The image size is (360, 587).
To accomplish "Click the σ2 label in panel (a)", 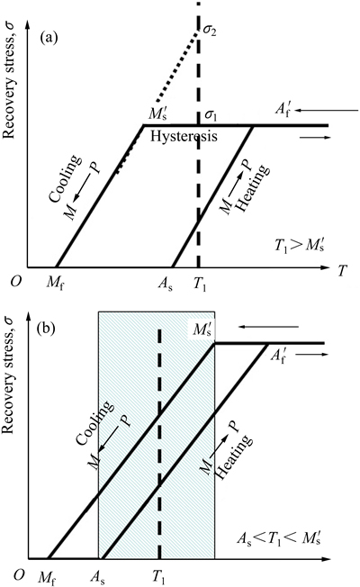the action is coord(209,31).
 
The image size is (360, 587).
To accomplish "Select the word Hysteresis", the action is coord(184,136).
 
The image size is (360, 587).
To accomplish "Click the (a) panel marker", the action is coord(49,38).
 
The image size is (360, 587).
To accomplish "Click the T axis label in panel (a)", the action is coord(341,271).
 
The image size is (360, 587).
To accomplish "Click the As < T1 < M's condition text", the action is coord(279,539).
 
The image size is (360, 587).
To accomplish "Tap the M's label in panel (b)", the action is coord(202,330).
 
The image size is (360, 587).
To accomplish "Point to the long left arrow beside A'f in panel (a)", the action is coord(328,111).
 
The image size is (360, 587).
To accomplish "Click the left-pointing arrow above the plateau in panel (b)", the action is coord(268,327).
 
